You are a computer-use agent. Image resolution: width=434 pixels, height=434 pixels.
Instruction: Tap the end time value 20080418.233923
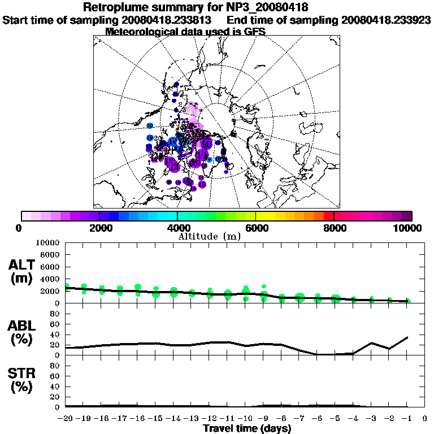(x=387, y=20)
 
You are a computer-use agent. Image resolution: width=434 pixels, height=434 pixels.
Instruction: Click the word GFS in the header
(x=254, y=32)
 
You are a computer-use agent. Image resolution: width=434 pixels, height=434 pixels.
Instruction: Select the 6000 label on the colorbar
(x=255, y=228)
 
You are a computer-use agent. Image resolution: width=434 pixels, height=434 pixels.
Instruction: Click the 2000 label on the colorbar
(x=99, y=228)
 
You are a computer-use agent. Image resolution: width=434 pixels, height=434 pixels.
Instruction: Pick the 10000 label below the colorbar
(x=407, y=228)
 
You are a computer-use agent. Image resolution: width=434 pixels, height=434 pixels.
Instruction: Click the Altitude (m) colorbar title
(x=216, y=236)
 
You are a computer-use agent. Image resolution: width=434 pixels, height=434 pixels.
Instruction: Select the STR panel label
(x=23, y=380)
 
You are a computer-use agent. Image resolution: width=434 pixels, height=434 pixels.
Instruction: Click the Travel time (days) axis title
(x=247, y=429)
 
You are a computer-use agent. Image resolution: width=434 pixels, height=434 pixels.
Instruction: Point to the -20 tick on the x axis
(x=66, y=419)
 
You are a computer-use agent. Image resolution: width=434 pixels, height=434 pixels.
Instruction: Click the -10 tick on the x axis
(x=246, y=419)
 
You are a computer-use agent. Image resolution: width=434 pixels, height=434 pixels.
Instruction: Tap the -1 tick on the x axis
(x=407, y=419)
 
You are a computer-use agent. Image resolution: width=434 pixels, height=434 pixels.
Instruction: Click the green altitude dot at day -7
(x=300, y=297)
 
